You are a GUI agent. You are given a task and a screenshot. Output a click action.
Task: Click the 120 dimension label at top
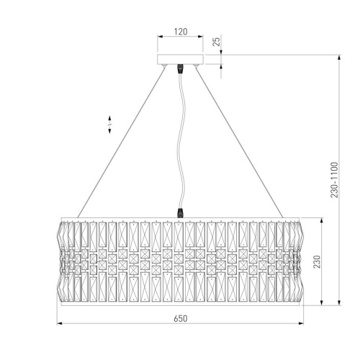(181, 32)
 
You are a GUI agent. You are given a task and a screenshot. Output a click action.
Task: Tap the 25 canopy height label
(217, 42)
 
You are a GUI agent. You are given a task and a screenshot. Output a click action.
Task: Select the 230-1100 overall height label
(334, 180)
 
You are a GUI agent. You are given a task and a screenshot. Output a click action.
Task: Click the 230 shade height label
(317, 261)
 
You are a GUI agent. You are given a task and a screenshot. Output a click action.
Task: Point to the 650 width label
(181, 318)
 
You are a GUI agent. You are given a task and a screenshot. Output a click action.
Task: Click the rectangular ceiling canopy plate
(181, 60)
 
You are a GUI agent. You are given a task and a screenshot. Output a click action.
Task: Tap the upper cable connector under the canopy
(180, 69)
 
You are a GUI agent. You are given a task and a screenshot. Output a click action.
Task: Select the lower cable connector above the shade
(180, 213)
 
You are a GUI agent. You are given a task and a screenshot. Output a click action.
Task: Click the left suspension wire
(121, 143)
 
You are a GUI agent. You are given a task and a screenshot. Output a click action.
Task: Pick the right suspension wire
(240, 143)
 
